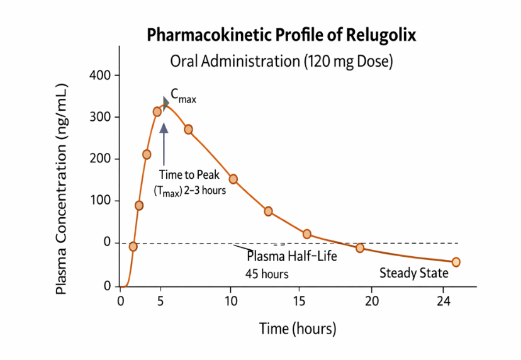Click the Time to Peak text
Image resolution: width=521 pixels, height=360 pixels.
[x=189, y=176]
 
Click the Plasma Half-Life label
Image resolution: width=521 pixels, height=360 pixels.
[x=291, y=257]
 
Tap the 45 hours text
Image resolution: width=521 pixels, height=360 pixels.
[x=267, y=274]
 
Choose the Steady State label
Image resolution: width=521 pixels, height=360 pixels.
[x=414, y=273]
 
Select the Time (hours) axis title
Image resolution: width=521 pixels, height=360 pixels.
[x=298, y=329]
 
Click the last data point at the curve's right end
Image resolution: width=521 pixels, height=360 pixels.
[x=456, y=262]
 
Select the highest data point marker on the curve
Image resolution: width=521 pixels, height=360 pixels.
[x=157, y=111]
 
